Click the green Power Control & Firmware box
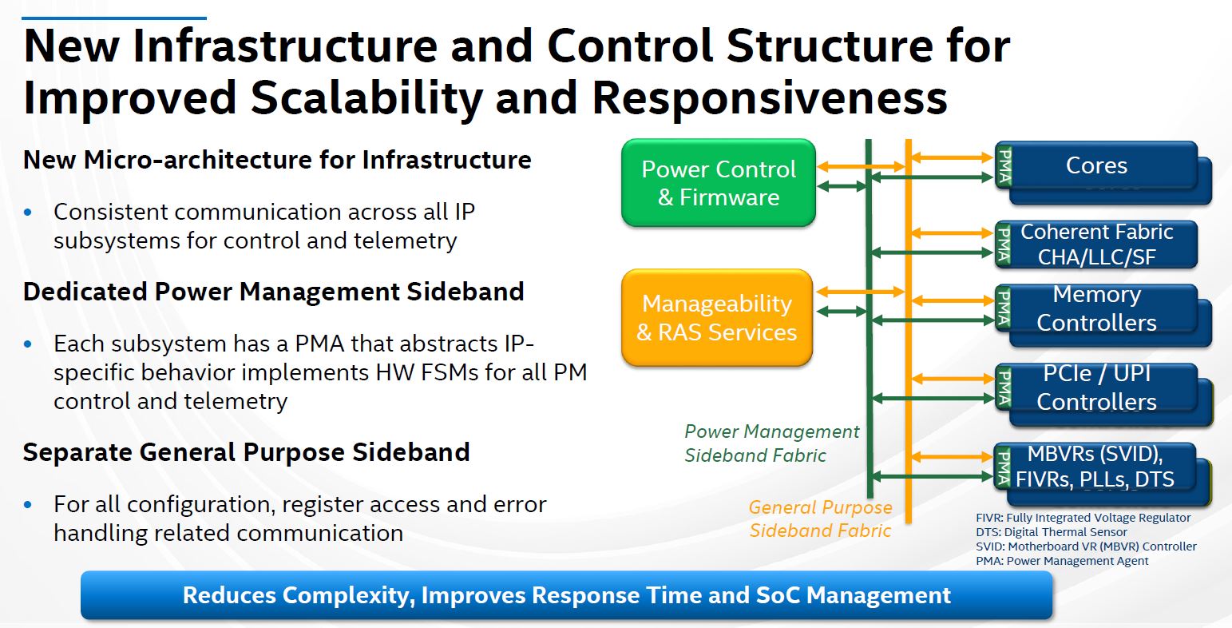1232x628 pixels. coord(718,183)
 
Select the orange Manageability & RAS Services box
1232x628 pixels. coord(716,317)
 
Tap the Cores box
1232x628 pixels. coord(1096,166)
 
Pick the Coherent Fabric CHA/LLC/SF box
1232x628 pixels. coord(1096,244)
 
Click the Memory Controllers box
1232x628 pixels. coord(1096,308)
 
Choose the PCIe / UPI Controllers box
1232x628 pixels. coord(1096,388)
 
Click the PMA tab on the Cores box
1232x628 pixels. coord(1004,166)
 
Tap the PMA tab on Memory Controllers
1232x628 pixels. coord(1004,308)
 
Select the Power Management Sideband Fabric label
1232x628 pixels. coord(771,443)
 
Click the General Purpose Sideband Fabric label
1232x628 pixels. coord(820,519)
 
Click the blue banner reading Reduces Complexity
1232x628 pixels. coord(566,595)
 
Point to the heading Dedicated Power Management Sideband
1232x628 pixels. coord(273,292)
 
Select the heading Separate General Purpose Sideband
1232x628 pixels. coord(246,452)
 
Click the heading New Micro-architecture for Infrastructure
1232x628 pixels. coord(277,160)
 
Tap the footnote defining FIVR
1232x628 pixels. coord(1083,518)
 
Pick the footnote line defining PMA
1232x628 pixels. coord(1062,561)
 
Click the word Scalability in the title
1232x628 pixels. coord(366,97)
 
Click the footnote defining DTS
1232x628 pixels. coord(1051,532)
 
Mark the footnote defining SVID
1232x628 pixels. coord(1086,547)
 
